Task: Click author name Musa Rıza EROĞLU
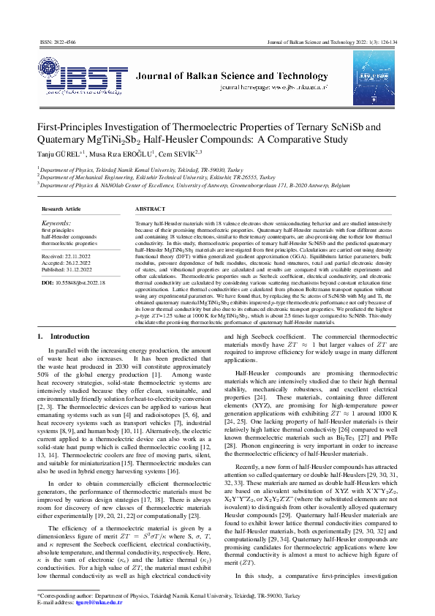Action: [x=121, y=154]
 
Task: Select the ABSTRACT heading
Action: [x=150, y=209]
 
